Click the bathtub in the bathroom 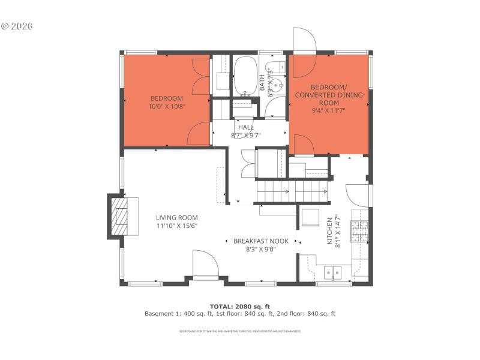[244, 76]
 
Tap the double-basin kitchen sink [331, 274]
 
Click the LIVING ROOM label [177, 218]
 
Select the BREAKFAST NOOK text [261, 241]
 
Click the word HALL [246, 127]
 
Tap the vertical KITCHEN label [329, 231]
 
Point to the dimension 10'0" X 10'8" [167, 107]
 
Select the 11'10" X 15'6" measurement [177, 226]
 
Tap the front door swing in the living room [204, 264]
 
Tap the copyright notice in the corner [16, 26]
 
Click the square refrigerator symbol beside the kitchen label [310, 217]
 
